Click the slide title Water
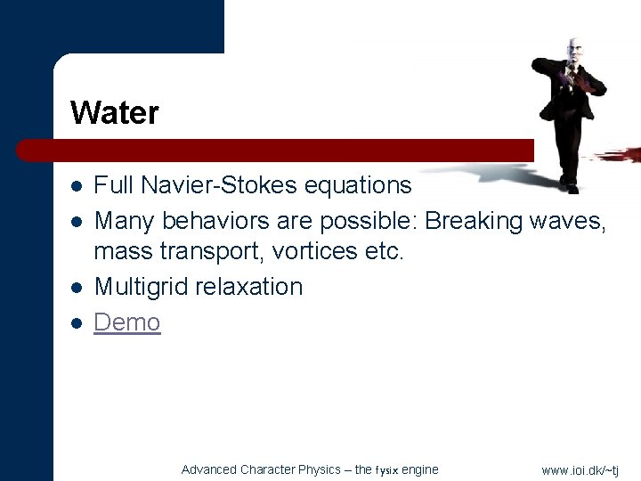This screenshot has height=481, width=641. (x=114, y=113)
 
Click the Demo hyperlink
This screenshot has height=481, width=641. (x=127, y=322)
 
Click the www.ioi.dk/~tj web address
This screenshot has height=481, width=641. (x=580, y=470)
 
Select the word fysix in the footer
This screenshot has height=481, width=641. (x=386, y=470)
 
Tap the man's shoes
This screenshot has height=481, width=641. (x=568, y=184)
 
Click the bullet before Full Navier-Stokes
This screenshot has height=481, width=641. (x=77, y=186)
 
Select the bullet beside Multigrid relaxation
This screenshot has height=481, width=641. (x=77, y=288)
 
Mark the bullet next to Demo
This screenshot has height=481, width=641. (x=77, y=322)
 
